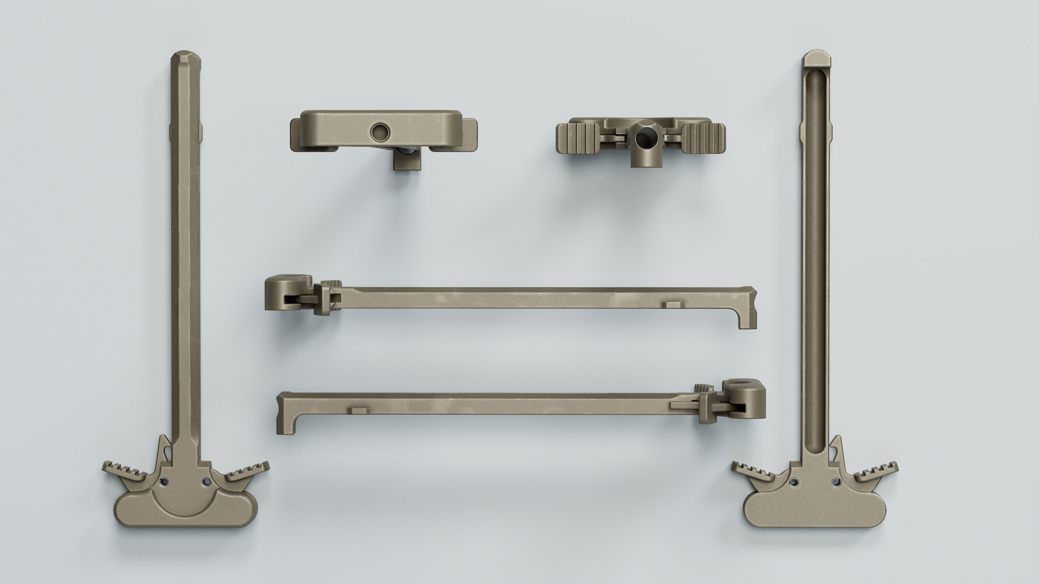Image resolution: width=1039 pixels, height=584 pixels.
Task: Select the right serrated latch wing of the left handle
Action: click(x=247, y=472)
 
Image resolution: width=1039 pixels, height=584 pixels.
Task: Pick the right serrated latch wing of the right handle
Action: click(x=876, y=472)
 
